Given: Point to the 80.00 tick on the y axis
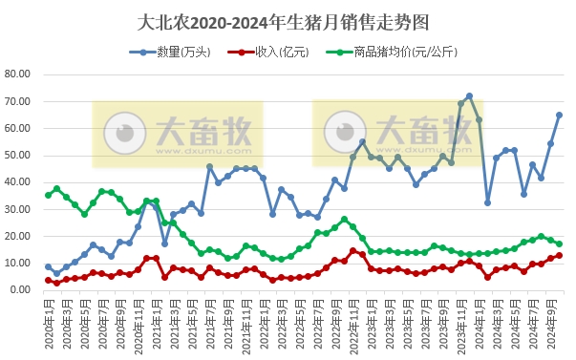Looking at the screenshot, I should coord(19,74).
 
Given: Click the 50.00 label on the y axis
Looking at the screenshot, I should coord(19,155).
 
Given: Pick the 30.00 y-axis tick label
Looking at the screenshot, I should coord(19,208).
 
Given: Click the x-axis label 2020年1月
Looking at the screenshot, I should coord(48,320).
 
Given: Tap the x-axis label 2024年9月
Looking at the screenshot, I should coord(550,320).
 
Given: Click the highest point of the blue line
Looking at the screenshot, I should coord(469,95).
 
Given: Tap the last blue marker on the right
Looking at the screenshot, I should coord(559,115).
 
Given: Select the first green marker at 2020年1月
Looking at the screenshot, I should coord(48,195).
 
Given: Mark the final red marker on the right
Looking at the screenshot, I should coord(559,255).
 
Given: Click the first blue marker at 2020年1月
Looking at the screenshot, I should coord(48,266).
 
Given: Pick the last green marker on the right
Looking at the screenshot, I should coord(559,244).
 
